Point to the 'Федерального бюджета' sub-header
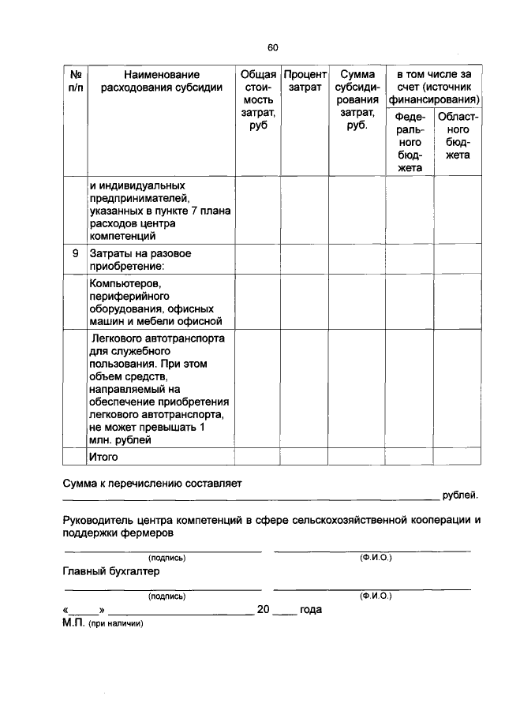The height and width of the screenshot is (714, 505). [410, 142]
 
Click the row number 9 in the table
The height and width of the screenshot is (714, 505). [76, 254]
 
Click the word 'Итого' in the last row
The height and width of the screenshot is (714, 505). [103, 457]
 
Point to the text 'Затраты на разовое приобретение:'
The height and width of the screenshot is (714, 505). [140, 260]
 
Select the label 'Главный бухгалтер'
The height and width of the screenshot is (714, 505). [111, 571]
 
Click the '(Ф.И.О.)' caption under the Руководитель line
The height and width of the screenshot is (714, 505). [376, 558]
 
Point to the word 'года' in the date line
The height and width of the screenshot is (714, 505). [312, 610]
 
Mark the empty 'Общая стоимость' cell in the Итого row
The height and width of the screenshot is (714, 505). [257, 457]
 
